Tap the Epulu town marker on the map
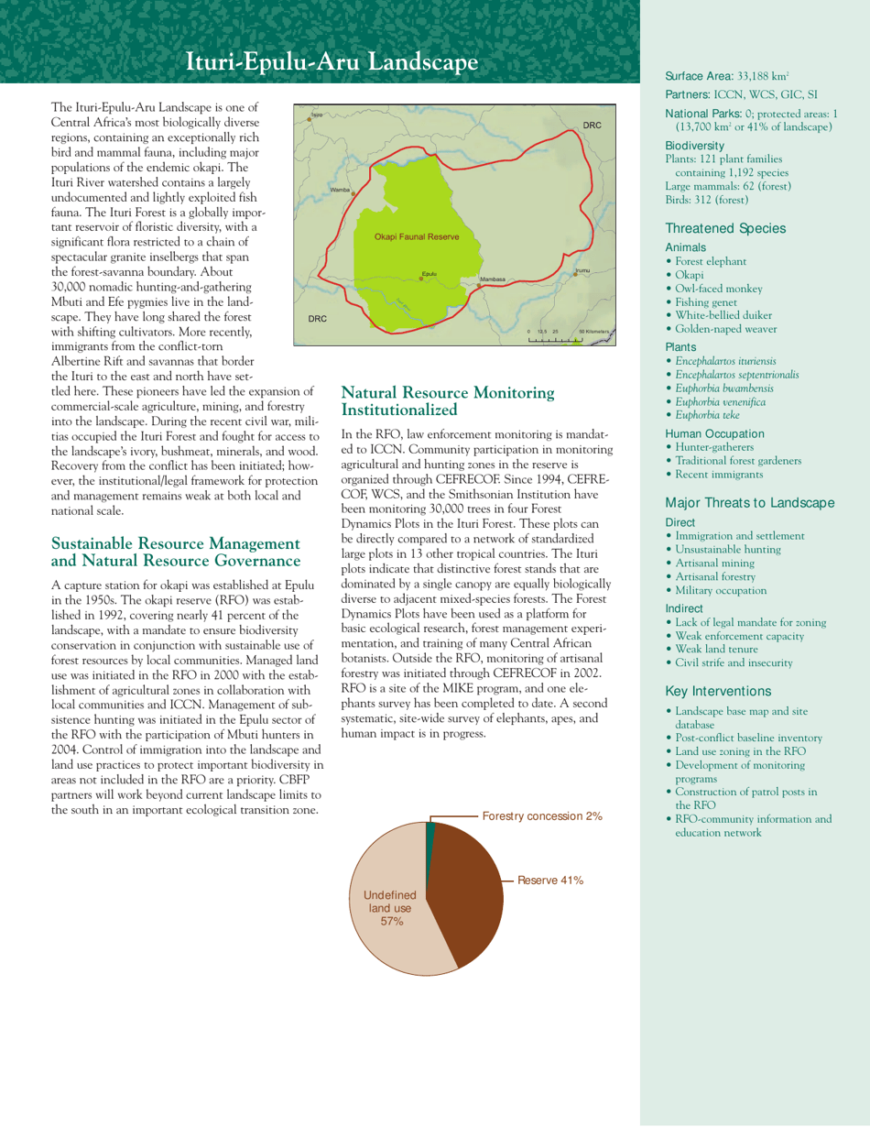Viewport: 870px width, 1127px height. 421,279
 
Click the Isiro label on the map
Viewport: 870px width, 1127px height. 317,115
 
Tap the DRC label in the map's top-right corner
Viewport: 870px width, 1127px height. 591,124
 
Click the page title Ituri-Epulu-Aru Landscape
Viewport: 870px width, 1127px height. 332,62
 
